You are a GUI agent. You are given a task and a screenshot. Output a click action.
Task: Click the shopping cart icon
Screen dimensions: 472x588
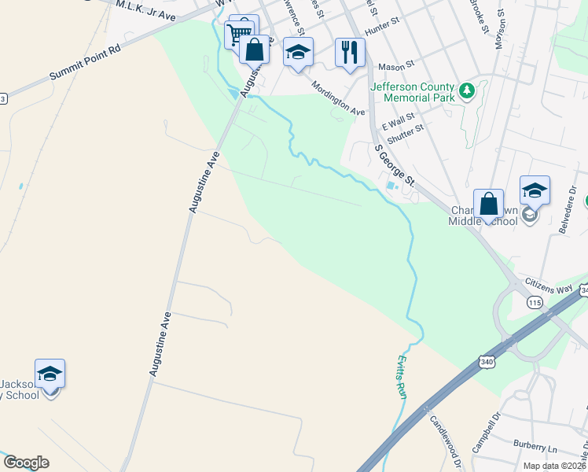pos(238,33)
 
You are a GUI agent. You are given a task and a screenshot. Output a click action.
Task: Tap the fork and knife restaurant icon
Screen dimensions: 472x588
pos(350,52)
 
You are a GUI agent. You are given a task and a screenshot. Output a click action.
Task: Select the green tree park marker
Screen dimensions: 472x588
pos(467,91)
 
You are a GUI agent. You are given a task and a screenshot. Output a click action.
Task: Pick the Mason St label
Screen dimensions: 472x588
pos(395,68)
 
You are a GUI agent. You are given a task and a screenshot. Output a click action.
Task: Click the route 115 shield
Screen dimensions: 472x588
pos(535,303)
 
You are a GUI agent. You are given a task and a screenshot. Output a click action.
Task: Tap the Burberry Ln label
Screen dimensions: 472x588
pos(535,447)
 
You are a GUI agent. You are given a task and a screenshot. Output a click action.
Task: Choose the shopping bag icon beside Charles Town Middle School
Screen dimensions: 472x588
pos(488,204)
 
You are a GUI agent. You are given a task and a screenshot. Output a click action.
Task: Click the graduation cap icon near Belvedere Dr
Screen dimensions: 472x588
pos(535,190)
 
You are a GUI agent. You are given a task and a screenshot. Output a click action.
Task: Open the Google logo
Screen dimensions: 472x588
pos(26,463)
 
